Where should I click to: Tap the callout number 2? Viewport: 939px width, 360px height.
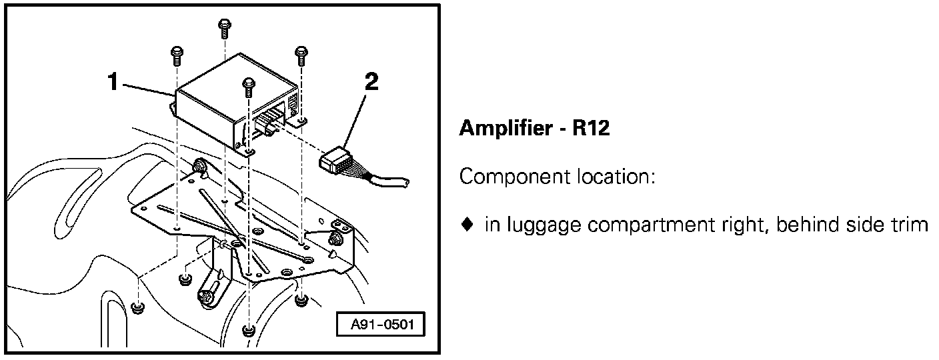coord(371,82)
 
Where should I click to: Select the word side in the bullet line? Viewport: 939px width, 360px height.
coord(864,225)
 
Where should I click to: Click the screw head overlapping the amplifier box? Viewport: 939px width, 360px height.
coord(248,83)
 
